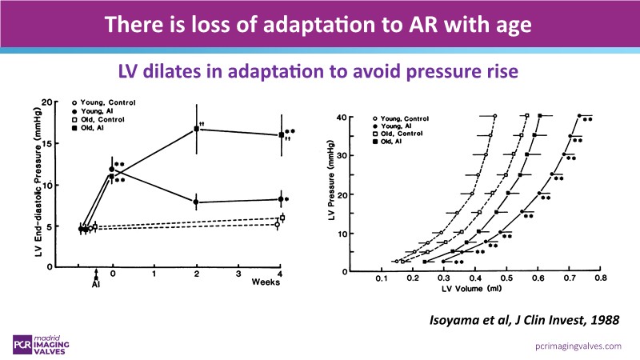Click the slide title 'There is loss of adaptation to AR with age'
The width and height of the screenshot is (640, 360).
pyautogui.click(x=320, y=23)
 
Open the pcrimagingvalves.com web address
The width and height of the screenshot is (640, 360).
pyautogui.click(x=568, y=346)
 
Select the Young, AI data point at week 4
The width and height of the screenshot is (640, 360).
pyautogui.click(x=281, y=198)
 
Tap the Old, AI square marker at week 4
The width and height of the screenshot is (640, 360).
pyautogui.click(x=281, y=135)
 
